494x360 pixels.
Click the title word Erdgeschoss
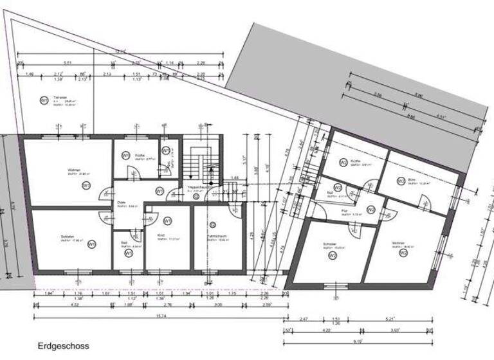pos(63,345)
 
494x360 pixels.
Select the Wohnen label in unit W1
pos(73,171)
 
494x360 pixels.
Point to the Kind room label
pos(160,237)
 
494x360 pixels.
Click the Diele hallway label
pos(121,203)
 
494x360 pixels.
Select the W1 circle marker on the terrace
pos(44,100)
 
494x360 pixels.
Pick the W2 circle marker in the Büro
pos(401,181)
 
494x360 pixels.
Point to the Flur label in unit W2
pos(345,210)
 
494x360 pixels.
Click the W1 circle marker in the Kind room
pos(168,221)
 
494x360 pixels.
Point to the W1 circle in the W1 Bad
pos(129,253)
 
